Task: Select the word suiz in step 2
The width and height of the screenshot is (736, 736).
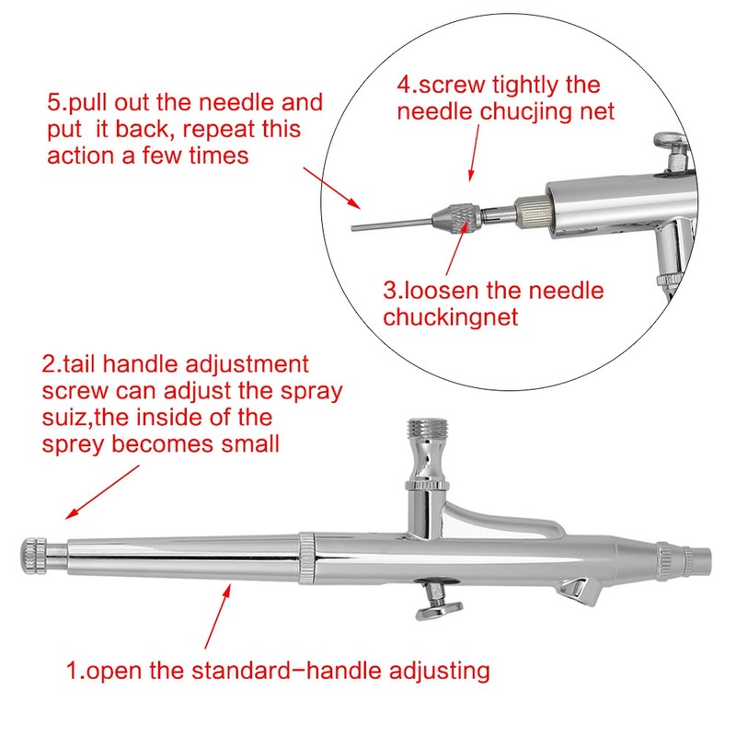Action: coord(63,417)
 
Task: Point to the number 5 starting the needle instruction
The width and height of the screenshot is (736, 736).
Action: coord(52,102)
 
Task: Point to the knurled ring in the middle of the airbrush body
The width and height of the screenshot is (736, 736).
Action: coord(305,557)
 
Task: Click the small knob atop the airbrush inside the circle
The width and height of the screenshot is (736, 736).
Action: coord(668,142)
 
